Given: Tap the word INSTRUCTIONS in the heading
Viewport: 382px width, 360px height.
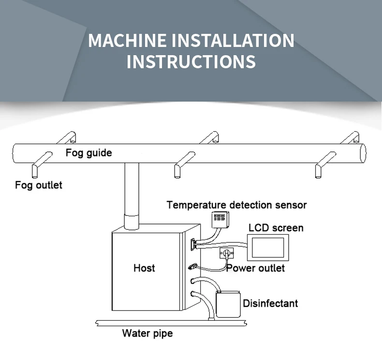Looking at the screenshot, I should pyautogui.click(x=191, y=62).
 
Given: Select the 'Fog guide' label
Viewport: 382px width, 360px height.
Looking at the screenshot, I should pyautogui.click(x=88, y=153).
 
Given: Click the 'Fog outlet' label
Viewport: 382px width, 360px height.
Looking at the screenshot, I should pyautogui.click(x=39, y=185).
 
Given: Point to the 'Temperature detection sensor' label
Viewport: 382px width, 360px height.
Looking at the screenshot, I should pyautogui.click(x=236, y=205).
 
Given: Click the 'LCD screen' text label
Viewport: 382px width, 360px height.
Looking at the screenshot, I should pyautogui.click(x=276, y=227).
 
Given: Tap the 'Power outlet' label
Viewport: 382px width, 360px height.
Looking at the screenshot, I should pyautogui.click(x=256, y=268).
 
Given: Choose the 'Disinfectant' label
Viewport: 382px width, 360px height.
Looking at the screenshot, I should pyautogui.click(x=270, y=303).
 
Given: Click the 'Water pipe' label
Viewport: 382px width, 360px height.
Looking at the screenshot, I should pyautogui.click(x=147, y=333).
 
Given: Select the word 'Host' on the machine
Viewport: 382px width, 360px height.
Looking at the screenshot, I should pyautogui.click(x=144, y=268).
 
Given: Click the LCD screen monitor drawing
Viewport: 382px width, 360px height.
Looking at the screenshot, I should pyautogui.click(x=267, y=247).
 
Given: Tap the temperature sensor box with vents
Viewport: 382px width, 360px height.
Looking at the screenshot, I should pyautogui.click(x=220, y=218).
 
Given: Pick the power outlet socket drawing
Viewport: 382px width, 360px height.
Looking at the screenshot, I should pyautogui.click(x=226, y=253).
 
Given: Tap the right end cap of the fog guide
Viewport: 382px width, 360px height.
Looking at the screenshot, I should pyautogui.click(x=362, y=153).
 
